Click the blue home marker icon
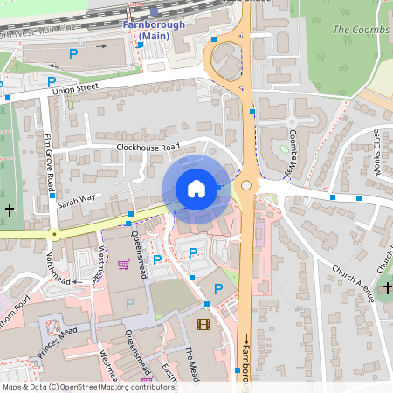click(x=196, y=189)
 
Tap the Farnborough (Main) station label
click(x=154, y=30)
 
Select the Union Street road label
click(x=75, y=89)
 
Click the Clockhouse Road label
click(x=148, y=147)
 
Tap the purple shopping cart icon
click(x=124, y=264)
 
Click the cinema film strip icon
click(x=203, y=326)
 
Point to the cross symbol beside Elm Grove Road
click(x=10, y=210)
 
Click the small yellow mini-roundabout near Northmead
click(x=54, y=234)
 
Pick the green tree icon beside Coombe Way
click(x=284, y=148)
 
